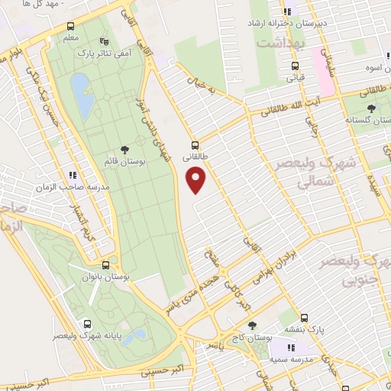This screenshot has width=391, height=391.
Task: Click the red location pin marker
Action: (196, 179)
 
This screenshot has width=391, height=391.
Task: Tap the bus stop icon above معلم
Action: (70, 27)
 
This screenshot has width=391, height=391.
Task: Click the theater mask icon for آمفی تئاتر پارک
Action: (104, 42)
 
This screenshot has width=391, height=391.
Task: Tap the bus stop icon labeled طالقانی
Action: (194, 144)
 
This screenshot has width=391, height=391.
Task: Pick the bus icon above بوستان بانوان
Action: (115, 263)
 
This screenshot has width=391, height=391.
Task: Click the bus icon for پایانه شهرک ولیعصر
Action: (88, 324)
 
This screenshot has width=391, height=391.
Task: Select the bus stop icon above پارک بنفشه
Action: (303, 318)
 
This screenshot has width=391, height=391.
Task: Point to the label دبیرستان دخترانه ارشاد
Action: (292, 24)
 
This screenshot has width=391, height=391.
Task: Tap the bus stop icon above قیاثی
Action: (294, 66)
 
